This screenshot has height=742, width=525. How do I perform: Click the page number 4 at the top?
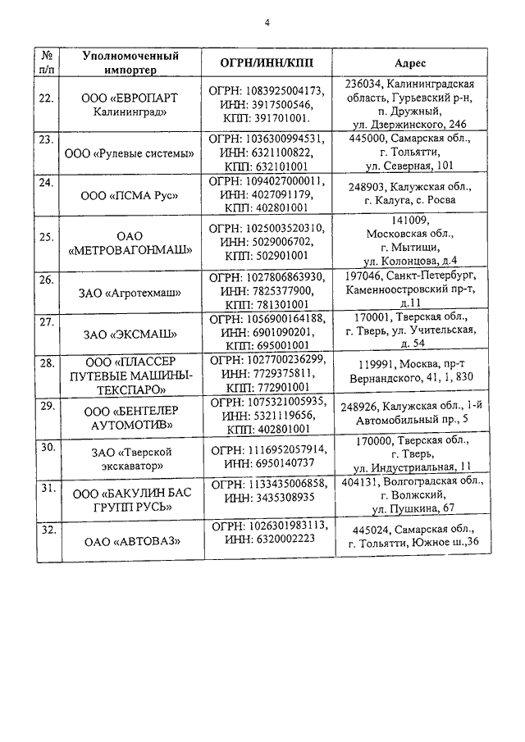266,23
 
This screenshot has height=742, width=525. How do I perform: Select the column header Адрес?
409,63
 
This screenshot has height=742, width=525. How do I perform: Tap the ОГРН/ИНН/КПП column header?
267,63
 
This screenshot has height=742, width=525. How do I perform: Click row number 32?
47,530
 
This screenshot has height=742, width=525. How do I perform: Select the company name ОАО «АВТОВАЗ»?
131,541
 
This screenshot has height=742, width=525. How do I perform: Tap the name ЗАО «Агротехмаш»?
131,292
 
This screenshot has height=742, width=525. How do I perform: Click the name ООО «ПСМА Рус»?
131,195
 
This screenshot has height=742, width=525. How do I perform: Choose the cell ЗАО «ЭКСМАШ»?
131,334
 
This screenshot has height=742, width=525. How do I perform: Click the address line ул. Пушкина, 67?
408,509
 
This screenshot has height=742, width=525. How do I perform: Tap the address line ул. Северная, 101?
409,166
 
